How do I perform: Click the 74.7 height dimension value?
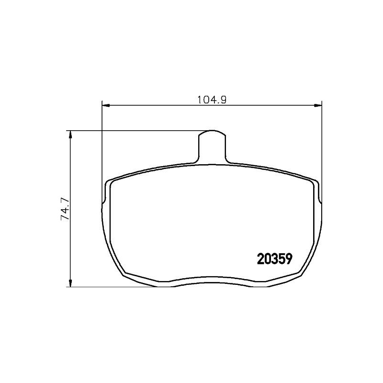64,209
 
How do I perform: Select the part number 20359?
274,259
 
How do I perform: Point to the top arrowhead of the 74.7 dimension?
71,134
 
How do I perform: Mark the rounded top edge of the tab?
211,131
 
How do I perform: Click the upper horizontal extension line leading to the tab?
134,130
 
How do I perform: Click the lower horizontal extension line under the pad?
115,287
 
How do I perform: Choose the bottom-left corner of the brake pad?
125,274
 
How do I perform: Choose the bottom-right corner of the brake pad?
298,274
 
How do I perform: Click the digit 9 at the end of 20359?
288,259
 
